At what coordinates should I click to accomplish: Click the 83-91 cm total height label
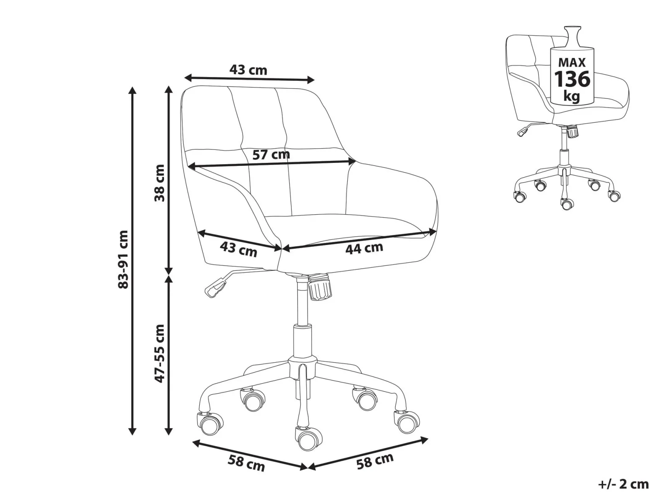pos(124,259)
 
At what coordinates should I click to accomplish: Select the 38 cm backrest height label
pos(160,183)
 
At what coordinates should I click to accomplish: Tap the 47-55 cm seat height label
pos(160,353)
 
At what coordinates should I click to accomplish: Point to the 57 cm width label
pos(271,155)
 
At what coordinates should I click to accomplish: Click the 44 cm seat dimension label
pos(364,248)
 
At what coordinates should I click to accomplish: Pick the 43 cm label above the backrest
pos(248,70)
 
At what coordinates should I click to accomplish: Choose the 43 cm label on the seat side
pos(238,250)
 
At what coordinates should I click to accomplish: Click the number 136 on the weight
pos(572,79)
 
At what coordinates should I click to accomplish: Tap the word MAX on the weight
pos(572,63)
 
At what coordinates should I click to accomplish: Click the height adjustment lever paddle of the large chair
pos(215,288)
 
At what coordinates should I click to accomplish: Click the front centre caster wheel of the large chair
pos(308,440)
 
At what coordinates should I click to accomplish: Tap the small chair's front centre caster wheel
pos(567,204)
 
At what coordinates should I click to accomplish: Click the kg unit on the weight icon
pos(571,96)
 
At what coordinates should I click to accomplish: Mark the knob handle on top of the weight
pos(572,36)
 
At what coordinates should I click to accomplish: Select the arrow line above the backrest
pos(249,79)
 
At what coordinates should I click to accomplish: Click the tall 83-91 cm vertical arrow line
pos(132,261)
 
